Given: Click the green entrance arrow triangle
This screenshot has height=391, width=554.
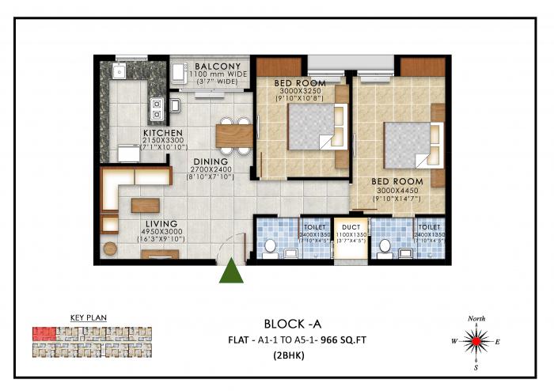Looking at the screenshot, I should click(231, 271).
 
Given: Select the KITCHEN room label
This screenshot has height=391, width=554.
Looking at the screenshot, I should click(163, 133).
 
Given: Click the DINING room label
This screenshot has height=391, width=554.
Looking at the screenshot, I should click(211, 161).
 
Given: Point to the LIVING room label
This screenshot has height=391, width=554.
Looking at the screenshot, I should click(161, 224).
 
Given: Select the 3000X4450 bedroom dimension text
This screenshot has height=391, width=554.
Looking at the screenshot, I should click(397, 191).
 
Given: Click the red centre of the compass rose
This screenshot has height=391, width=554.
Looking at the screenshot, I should click(476, 343).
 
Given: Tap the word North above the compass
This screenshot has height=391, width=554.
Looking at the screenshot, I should click(476, 318).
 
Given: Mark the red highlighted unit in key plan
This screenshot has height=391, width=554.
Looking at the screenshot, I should click(45, 332).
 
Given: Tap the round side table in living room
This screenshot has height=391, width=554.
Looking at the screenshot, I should click(110, 249).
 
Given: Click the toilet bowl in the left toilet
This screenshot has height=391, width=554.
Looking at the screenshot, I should click(270, 248).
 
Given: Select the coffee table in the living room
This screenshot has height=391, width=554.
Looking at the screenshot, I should click(146, 206).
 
